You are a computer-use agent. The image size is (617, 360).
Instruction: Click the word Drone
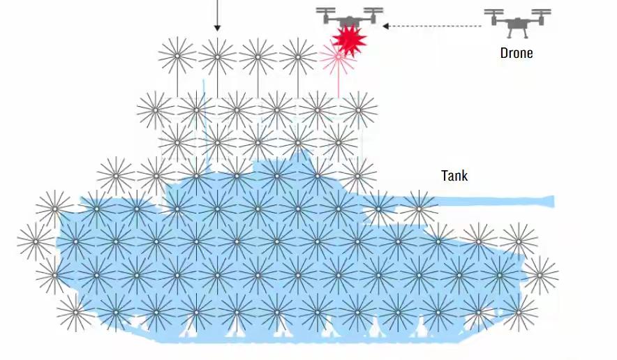pyautogui.click(x=516, y=53)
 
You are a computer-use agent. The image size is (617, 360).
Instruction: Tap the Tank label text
pyautogui.click(x=454, y=175)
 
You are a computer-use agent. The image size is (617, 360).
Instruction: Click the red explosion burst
pyautogui.click(x=348, y=40)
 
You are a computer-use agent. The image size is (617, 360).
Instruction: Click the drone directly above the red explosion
pyautogui.click(x=349, y=17)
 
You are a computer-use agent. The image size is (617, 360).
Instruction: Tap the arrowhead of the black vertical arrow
pyautogui.click(x=217, y=28)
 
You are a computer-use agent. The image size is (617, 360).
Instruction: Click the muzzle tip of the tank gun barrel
pyautogui.click(x=552, y=202)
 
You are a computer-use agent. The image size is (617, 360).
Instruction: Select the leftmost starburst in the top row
pyautogui.click(x=177, y=56)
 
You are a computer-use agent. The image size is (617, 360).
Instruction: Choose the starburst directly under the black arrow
pyautogui.click(x=217, y=57)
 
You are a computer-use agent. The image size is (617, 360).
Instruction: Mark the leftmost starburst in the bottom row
pyautogui.click(x=75, y=312)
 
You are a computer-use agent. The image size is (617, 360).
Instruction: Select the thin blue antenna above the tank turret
pyautogui.click(x=205, y=105)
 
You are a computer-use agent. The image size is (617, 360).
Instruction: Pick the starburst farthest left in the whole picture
pyautogui.click(x=36, y=242)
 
